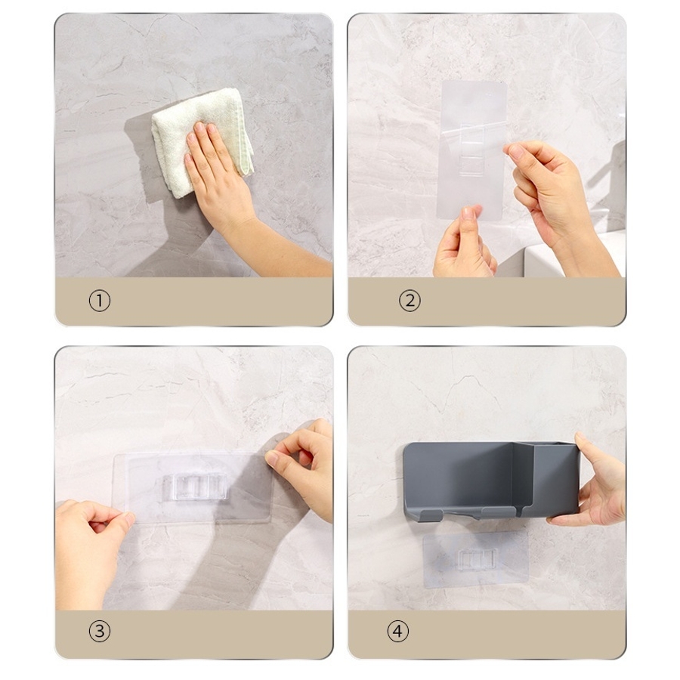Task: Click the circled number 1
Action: pos(100,301)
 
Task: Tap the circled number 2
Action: pos(410,301)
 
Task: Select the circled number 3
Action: pos(100,631)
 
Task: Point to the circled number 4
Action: pos(397,631)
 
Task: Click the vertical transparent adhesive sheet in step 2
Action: pos(473,150)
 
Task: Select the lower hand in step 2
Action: pos(464,245)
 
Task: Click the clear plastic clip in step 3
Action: pos(194,488)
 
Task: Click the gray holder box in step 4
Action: pos(491,481)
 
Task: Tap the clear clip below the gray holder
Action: pos(477,561)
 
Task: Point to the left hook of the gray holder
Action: pos(431,515)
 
